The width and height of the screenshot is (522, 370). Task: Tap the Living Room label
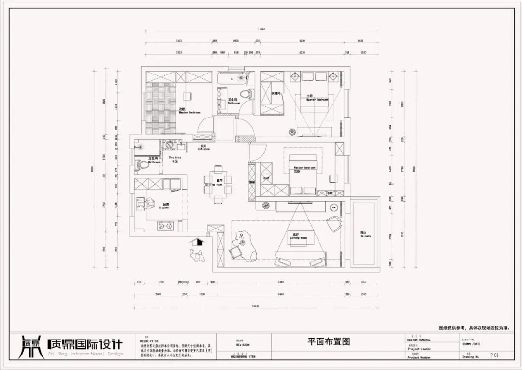point(298,237)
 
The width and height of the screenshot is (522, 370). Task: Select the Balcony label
point(365,235)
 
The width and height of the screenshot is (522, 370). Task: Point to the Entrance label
point(203,148)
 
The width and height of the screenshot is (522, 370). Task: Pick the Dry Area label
point(174,158)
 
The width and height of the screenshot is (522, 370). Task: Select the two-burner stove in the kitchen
point(165,225)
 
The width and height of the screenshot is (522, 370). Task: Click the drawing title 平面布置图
point(329,341)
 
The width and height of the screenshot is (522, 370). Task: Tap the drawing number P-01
point(494,355)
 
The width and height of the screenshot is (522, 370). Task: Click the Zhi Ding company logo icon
point(30,346)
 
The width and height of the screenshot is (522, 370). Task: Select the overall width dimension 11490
point(261,29)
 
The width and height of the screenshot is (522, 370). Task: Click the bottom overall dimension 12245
point(256,306)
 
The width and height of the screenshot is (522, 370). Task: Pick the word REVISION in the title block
point(243,345)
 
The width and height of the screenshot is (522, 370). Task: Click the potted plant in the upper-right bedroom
point(292,131)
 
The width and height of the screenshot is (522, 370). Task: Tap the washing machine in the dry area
point(169,145)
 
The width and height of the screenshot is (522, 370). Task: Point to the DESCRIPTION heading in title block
point(149,341)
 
